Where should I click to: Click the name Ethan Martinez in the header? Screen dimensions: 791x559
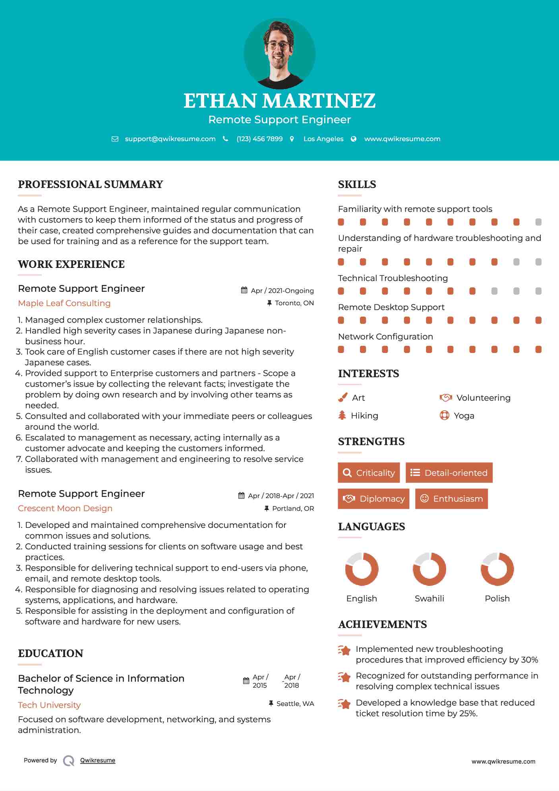coord(279,101)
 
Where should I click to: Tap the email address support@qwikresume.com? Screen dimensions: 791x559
coord(170,139)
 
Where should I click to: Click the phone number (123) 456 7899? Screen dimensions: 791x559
coord(259,139)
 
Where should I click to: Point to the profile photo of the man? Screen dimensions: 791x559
coord(279,53)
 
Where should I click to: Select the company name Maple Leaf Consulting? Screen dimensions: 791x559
coord(64,303)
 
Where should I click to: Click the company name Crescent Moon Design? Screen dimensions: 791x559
coord(65,508)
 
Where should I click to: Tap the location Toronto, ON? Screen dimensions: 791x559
coord(294,303)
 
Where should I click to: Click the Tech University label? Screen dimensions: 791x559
coord(49,705)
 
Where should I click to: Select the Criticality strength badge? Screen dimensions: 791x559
coord(369,473)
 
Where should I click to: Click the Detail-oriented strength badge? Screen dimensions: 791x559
coord(449,473)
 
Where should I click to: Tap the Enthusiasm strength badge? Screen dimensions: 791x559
coord(451,498)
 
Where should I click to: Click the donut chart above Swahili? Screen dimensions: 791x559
coord(429,569)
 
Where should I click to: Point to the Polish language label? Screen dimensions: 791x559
coord(497,598)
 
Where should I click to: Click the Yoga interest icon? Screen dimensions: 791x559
coord(444,415)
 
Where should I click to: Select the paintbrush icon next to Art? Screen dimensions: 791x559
coord(342,397)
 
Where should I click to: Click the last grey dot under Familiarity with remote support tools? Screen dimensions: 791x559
coord(538,222)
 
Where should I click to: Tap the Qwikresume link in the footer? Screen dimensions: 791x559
coord(98,760)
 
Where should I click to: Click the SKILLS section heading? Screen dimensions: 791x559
coord(357,184)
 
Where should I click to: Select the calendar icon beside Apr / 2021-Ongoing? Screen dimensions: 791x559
coord(244,290)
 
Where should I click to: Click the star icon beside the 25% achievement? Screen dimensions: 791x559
coord(344,704)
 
